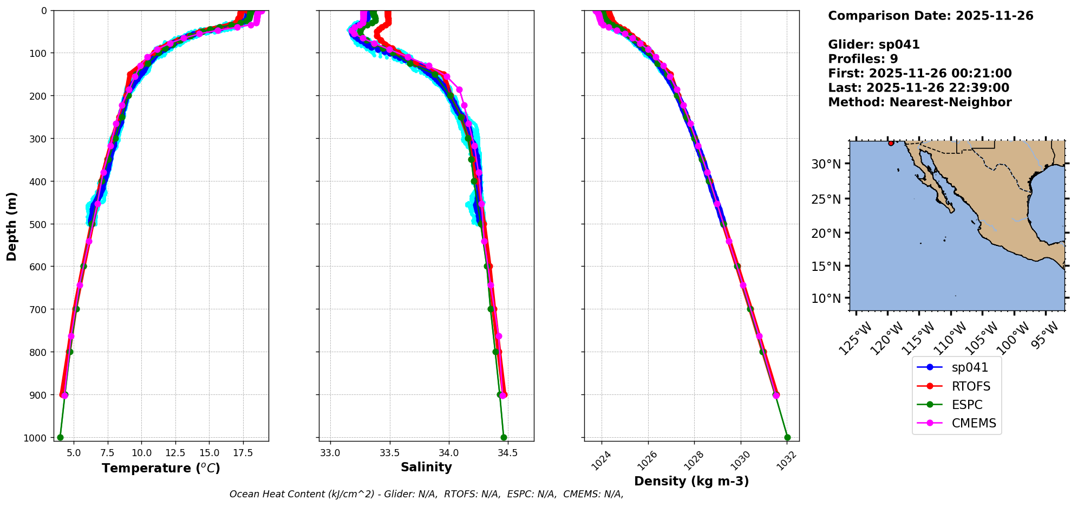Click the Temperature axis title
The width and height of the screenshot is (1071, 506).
(161, 468)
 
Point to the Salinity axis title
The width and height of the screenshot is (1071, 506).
(426, 467)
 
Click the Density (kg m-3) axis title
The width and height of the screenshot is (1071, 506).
(691, 481)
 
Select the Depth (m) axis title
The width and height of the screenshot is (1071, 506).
(12, 226)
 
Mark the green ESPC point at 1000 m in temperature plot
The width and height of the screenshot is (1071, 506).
(60, 437)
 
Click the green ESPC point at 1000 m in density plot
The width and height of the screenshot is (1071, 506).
(787, 437)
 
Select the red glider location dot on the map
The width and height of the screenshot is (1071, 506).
(891, 143)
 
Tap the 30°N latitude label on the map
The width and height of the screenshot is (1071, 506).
(826, 164)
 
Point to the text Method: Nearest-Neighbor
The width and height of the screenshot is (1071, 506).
(919, 102)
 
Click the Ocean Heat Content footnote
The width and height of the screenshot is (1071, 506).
(426, 494)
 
